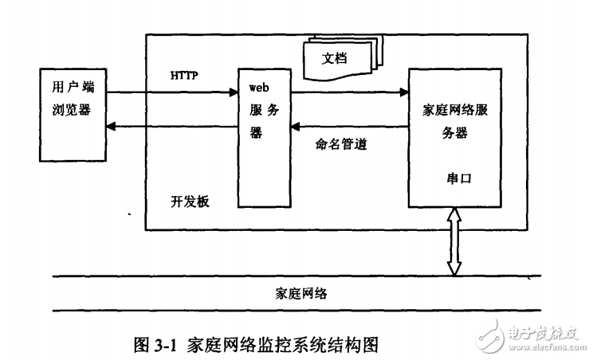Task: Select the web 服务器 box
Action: pyautogui.click(x=264, y=139)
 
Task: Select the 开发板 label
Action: pyautogui.click(x=189, y=200)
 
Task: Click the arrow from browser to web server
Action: pyautogui.click(x=172, y=92)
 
